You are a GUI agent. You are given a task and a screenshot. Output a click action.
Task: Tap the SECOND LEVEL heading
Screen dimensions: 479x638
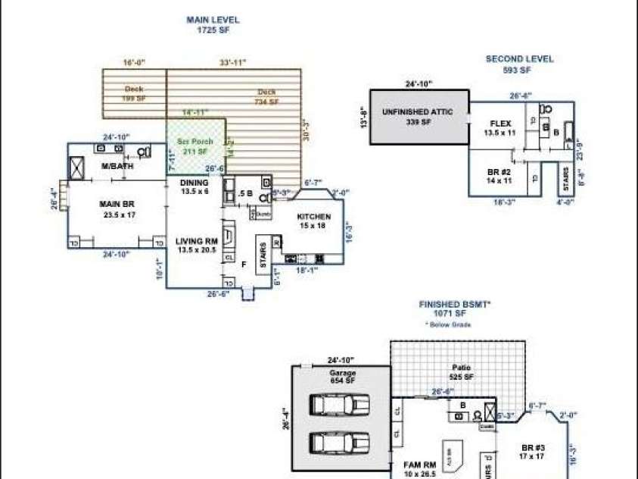[519, 59]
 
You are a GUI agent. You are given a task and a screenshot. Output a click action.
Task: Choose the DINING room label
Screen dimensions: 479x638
[194, 183]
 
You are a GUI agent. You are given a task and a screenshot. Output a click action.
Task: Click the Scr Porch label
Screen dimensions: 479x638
[195, 142]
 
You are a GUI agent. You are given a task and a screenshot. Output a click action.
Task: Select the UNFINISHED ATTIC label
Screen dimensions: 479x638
[418, 112]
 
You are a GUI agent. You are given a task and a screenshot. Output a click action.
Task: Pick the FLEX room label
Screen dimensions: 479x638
[501, 123]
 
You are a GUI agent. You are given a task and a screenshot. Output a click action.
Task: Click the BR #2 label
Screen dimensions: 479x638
[500, 172]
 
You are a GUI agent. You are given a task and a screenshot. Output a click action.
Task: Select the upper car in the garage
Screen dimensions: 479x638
[341, 407]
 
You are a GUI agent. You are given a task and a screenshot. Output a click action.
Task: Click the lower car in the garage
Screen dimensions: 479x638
[341, 441]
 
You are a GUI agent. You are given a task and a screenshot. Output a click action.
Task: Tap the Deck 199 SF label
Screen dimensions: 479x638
[135, 89]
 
